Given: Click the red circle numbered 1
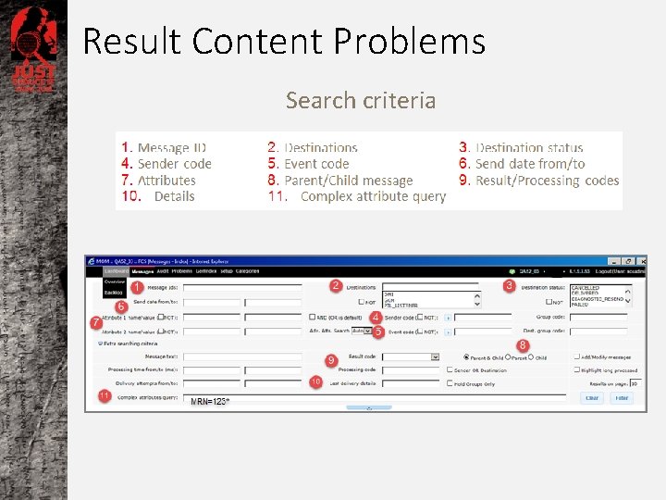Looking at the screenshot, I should [136, 288].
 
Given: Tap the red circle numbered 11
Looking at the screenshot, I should [104, 395].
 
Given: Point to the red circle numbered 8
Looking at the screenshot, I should [523, 344].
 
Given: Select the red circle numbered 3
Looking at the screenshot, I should [509, 286].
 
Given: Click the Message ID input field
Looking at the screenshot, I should [241, 289].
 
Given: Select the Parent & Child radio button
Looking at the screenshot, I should [466, 357].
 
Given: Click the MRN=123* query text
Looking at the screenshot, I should [210, 401].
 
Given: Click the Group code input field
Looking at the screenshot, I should [598, 317].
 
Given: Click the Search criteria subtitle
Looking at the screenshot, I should [360, 100].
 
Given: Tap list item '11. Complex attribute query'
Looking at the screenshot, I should [357, 196].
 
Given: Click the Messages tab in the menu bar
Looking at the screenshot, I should [142, 271].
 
